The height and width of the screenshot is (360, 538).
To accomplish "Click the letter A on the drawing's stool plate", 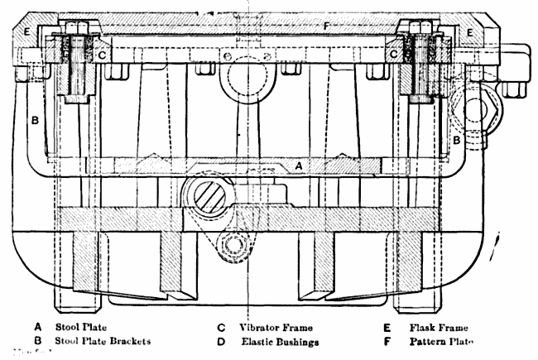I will (x=300, y=166).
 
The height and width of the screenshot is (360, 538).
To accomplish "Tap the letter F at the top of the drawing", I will (x=327, y=26).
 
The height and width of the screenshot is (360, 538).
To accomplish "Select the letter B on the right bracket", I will (x=457, y=142).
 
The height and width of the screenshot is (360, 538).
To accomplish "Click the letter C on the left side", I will (x=101, y=55).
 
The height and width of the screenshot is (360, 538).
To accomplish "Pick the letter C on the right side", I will (x=395, y=54).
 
